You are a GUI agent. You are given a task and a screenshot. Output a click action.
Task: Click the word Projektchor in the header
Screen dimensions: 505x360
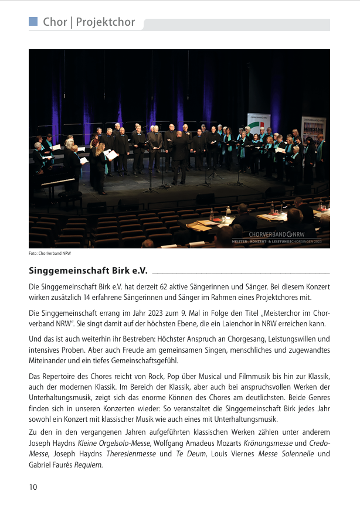tap(106, 23)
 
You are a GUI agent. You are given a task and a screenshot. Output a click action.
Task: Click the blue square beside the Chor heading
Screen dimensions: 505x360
tap(33, 22)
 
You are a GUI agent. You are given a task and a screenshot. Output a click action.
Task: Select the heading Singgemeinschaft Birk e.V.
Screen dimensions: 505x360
tap(87, 271)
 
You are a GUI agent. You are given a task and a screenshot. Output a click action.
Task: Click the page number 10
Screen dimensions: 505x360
tap(33, 487)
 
